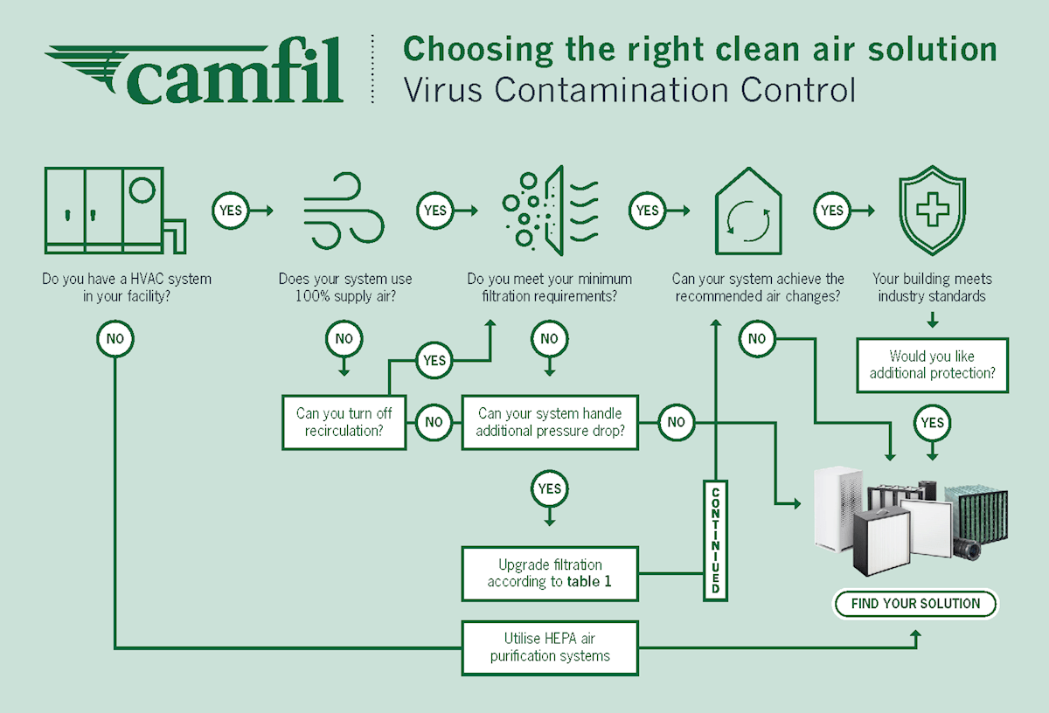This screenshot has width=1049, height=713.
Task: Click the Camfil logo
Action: [x=194, y=73]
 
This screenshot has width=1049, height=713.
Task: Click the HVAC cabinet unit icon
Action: [x=114, y=210]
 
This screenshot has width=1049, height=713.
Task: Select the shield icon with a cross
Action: [x=932, y=211]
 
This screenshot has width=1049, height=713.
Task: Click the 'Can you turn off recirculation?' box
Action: [x=344, y=423]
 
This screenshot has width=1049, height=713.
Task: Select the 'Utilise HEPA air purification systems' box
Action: [x=550, y=647]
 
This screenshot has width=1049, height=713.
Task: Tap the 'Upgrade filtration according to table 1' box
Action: [x=550, y=573]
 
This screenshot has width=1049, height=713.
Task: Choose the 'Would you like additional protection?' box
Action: [x=932, y=364]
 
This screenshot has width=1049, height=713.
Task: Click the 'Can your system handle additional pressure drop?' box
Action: [x=550, y=423]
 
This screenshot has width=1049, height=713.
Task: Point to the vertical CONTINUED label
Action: [x=715, y=541]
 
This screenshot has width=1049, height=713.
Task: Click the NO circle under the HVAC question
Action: [x=115, y=337]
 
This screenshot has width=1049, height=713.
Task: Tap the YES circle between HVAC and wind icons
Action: [x=230, y=211]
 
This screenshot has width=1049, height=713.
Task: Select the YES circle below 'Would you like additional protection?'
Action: [x=933, y=423]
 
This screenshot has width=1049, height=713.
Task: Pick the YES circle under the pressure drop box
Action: [x=550, y=489]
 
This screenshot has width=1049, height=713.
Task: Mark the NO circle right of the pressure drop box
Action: [x=676, y=423]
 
